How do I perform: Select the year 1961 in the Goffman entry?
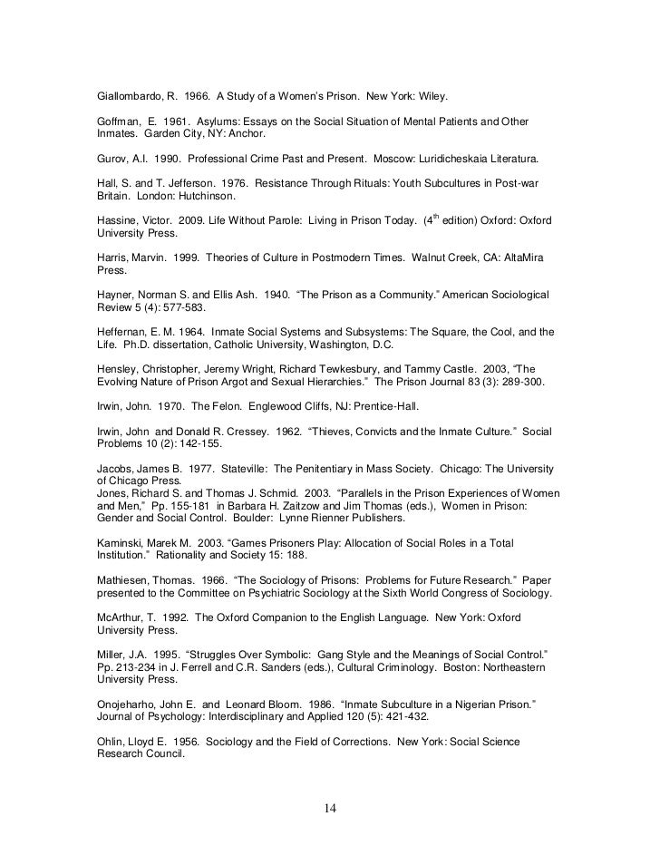(x=169, y=121)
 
